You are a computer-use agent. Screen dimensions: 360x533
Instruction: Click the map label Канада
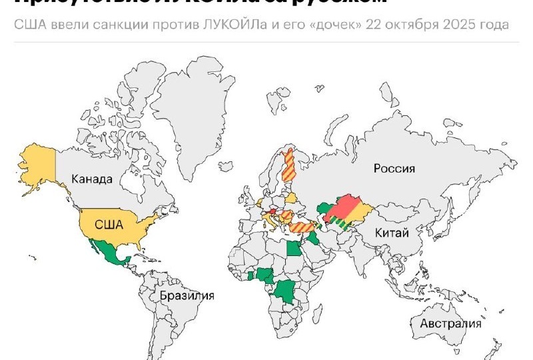(93, 179)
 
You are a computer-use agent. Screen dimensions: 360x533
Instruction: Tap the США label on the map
(109, 224)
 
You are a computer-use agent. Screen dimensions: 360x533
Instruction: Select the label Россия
(394, 169)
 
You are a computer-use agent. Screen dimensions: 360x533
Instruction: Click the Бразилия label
(187, 295)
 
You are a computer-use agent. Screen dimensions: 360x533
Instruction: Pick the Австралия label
(450, 324)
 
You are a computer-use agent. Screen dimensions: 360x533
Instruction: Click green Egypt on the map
(294, 249)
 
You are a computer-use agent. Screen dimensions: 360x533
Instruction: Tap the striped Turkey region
(303, 227)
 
